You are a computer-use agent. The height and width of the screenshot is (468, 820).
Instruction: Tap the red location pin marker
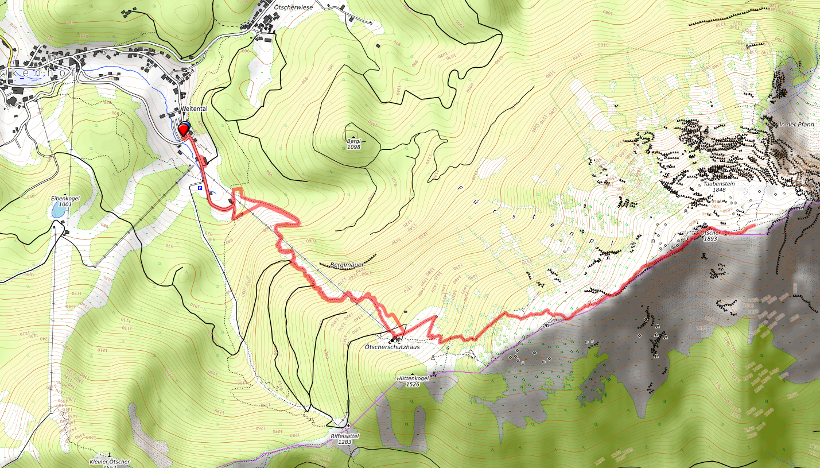[184, 130]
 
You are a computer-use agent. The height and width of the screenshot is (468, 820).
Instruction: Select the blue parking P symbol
[200, 188]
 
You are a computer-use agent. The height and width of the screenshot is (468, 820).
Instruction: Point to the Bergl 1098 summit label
[353, 144]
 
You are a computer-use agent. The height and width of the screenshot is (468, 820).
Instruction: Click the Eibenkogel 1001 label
[64, 201]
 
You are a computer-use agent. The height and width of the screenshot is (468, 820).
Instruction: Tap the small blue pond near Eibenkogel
[58, 211]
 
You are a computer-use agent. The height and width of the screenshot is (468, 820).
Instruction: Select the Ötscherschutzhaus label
[392, 347]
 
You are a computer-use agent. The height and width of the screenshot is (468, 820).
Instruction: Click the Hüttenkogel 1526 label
[412, 381]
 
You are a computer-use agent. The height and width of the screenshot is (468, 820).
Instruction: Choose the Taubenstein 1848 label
[719, 187]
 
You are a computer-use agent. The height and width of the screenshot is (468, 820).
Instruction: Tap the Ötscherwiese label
[293, 7]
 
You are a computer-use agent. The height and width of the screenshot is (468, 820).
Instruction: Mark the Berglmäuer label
[347, 265]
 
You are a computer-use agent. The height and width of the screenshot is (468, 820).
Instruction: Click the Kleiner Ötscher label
[110, 462]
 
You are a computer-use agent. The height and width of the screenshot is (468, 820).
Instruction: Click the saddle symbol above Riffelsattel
[348, 426]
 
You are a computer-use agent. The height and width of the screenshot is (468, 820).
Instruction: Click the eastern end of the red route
[753, 226]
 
